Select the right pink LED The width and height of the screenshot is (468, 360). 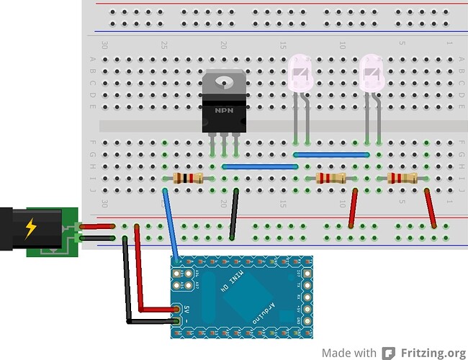(x=372, y=74)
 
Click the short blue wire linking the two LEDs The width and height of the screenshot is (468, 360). (x=332, y=154)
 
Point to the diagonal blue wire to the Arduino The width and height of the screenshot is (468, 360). (x=171, y=223)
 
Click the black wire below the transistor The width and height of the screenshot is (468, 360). (x=234, y=214)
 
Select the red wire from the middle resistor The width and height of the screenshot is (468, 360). (x=353, y=209)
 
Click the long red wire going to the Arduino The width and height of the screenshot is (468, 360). (x=140, y=274)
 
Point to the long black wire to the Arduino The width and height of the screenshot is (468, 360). (x=127, y=281)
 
